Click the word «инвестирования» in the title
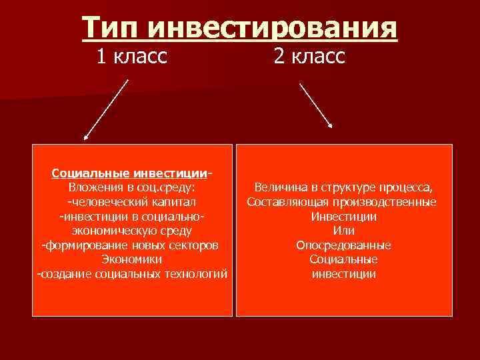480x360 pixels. (x=272, y=30)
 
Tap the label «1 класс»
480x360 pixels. (x=131, y=57)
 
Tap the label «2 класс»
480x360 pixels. (x=309, y=57)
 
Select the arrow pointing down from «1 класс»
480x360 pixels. (x=105, y=111)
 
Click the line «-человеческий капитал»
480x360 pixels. (x=131, y=202)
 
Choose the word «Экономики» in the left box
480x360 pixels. (x=131, y=259)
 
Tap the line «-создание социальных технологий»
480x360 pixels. (x=131, y=274)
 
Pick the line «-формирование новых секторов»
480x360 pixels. (x=131, y=245)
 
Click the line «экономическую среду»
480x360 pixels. (x=131, y=231)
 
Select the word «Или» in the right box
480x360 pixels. (x=343, y=231)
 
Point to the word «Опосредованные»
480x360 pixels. (x=343, y=245)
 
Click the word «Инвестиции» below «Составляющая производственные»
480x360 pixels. (x=343, y=217)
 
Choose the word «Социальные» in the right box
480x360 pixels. (x=343, y=259)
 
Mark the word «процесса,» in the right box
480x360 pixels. (x=409, y=188)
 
